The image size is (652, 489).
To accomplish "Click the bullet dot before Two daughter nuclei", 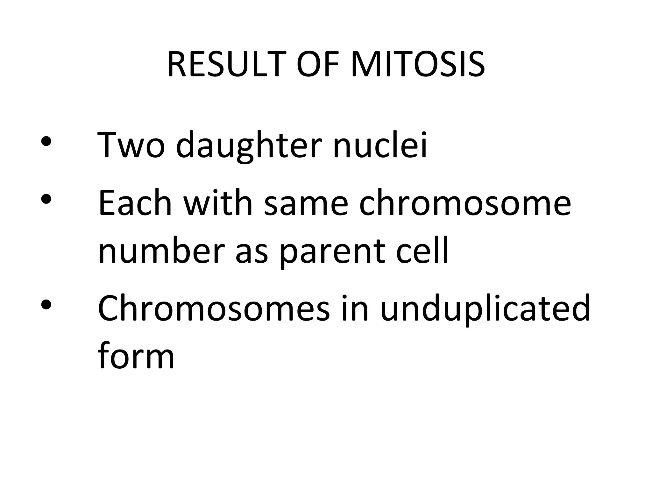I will point(46,141).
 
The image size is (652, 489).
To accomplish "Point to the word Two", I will point(131,145).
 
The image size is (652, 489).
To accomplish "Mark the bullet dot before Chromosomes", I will point(46,304).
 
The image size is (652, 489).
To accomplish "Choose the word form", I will point(136,355).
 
